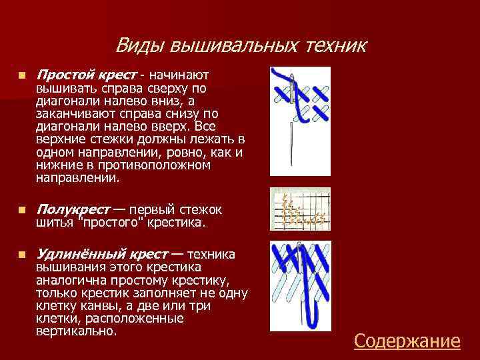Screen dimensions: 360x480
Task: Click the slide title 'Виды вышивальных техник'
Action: (241, 45)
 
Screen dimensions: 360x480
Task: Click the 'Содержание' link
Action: (407, 341)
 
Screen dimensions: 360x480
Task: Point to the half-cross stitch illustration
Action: (301, 209)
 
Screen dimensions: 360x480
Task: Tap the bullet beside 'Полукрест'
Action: (23, 210)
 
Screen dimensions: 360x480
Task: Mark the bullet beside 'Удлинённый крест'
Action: (23, 255)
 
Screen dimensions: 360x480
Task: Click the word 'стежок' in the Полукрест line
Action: (204, 209)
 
